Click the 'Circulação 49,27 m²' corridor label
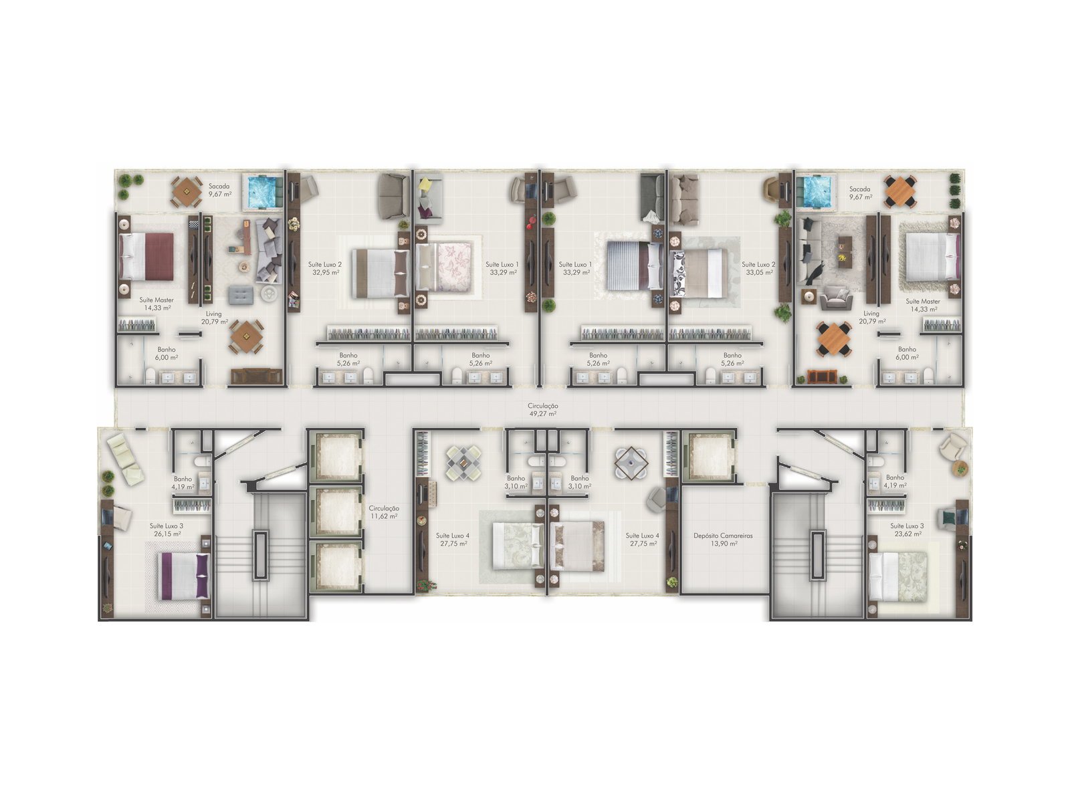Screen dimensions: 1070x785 (x=542, y=410)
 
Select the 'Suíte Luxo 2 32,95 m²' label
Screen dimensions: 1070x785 (x=325, y=268)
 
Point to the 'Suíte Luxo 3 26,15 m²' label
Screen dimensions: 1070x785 (x=167, y=530)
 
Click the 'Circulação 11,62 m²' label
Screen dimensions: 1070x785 (x=384, y=512)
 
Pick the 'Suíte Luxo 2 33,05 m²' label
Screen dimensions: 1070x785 (x=758, y=268)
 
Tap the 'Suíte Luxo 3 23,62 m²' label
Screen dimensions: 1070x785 (x=907, y=530)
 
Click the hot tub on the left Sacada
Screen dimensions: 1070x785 (x=263, y=192)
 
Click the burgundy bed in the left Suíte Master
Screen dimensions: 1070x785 (x=146, y=256)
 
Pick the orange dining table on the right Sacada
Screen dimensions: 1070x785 (x=900, y=191)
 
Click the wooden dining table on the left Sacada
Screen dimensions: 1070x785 (x=187, y=191)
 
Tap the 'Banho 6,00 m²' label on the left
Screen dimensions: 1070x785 (x=167, y=353)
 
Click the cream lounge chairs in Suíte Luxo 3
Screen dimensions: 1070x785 (x=124, y=461)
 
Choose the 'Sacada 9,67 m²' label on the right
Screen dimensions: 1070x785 (x=860, y=193)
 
